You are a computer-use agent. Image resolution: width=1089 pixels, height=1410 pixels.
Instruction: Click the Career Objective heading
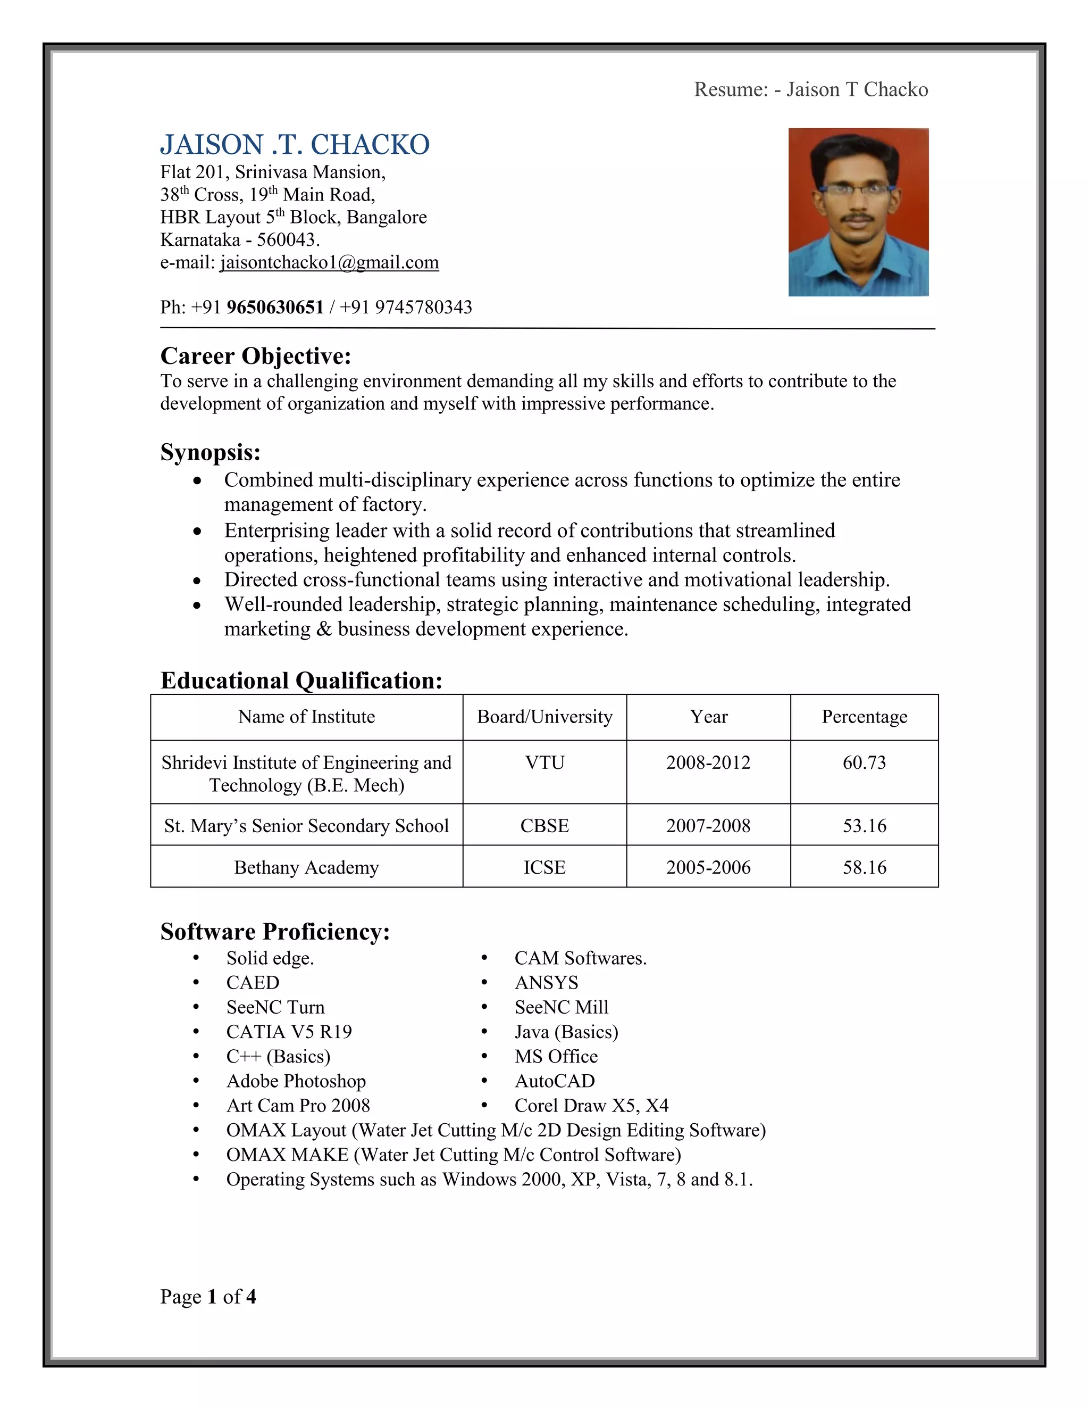[255, 356]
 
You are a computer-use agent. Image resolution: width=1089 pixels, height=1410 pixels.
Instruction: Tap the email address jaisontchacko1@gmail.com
[329, 262]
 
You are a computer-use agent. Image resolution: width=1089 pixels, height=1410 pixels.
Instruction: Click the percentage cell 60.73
[864, 762]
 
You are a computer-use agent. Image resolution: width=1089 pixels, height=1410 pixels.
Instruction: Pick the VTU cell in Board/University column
[544, 762]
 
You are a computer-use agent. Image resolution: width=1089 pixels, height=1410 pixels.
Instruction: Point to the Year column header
[708, 717]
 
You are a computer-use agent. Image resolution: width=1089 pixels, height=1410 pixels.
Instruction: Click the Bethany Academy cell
[306, 867]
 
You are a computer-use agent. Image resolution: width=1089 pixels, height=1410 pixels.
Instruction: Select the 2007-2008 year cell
[708, 826]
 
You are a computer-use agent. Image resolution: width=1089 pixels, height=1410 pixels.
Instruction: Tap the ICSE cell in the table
[544, 867]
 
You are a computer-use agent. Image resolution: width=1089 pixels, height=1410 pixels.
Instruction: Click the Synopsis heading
[211, 452]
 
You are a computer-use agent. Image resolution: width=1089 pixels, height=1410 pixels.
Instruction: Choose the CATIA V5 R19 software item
[289, 1032]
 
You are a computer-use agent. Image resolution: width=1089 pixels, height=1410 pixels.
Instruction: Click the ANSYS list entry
[547, 983]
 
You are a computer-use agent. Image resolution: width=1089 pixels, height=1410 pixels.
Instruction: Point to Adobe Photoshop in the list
[296, 1081]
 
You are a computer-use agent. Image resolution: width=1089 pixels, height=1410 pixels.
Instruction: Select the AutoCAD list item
[555, 1081]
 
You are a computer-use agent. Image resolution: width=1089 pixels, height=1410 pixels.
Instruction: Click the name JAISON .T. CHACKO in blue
[295, 145]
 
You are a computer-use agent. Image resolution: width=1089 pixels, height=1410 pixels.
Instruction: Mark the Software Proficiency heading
[275, 932]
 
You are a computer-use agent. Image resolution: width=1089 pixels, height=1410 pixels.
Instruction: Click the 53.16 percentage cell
[864, 826]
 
